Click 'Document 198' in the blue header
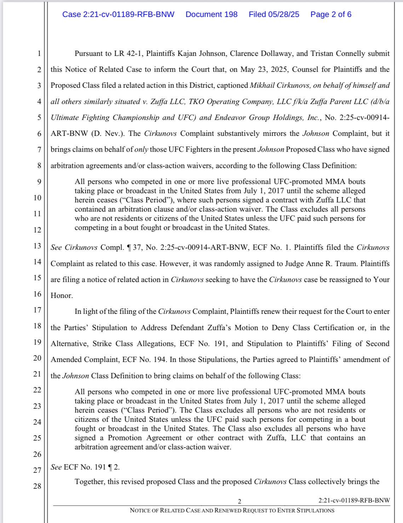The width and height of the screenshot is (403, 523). [211, 15]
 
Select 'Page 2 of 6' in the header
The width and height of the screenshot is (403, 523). [331, 15]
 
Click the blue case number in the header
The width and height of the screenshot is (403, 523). [118, 15]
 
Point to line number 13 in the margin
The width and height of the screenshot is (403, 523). [37, 246]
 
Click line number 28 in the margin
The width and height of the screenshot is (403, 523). [37, 486]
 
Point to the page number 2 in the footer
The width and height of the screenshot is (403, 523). [240, 501]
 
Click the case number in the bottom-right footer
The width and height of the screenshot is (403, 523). [354, 500]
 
